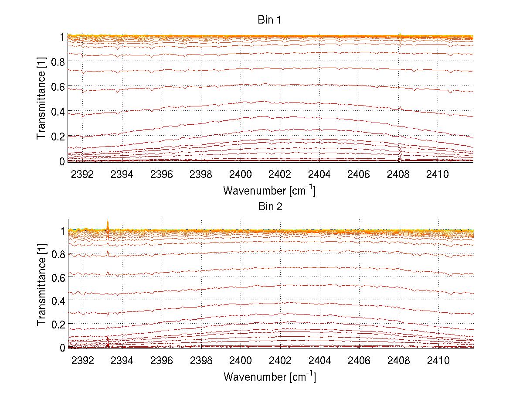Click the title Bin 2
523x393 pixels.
(x=270, y=206)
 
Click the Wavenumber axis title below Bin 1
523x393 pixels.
(x=269, y=191)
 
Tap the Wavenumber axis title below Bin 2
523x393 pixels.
(x=269, y=376)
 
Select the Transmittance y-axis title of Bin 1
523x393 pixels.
(x=41, y=99)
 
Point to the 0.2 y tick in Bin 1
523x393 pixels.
(x=58, y=137)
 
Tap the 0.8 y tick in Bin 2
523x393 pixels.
(x=58, y=254)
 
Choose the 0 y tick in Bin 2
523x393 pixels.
(x=63, y=348)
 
